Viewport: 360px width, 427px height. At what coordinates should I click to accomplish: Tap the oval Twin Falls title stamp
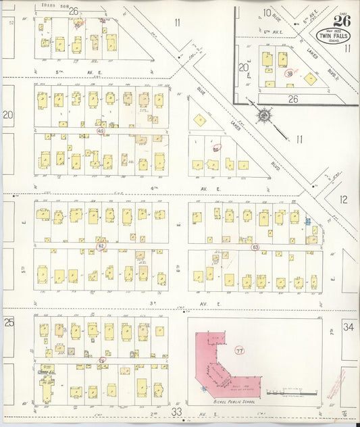click(342, 35)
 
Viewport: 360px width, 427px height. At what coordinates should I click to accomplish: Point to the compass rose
click(263, 116)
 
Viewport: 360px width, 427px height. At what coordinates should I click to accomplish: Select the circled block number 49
click(101, 130)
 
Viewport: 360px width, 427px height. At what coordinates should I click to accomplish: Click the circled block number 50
click(216, 148)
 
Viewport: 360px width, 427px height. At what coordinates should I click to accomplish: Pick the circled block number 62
click(101, 246)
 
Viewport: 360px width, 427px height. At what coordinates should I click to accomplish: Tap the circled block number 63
click(255, 247)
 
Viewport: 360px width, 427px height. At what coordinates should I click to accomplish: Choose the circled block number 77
click(239, 351)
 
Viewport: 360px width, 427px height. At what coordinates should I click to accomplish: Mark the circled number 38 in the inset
click(290, 73)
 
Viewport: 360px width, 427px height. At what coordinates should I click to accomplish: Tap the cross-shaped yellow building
click(47, 385)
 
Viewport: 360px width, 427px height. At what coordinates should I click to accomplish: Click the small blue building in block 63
click(307, 221)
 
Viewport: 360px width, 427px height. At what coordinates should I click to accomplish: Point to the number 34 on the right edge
click(348, 328)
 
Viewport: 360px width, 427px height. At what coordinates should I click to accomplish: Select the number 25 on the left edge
click(9, 322)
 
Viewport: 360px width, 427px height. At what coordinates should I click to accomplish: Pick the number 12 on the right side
click(343, 199)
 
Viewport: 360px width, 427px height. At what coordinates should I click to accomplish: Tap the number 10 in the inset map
click(267, 12)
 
